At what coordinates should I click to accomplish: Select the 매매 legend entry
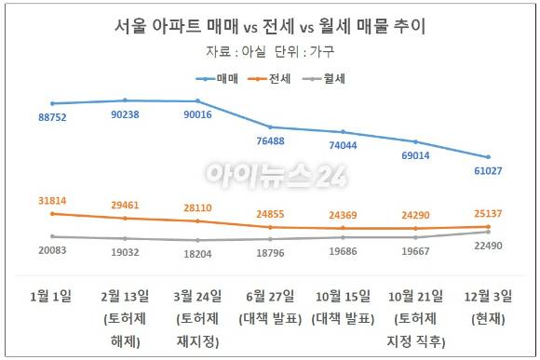tap(220, 79)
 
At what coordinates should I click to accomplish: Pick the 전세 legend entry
tap(270, 79)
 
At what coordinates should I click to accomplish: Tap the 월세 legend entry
tap(321, 79)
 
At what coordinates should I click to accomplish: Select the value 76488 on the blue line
tap(271, 141)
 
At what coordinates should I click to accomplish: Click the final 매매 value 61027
tap(487, 172)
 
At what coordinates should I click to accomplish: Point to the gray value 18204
tap(198, 253)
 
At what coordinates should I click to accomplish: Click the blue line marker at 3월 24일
tap(197, 101)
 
